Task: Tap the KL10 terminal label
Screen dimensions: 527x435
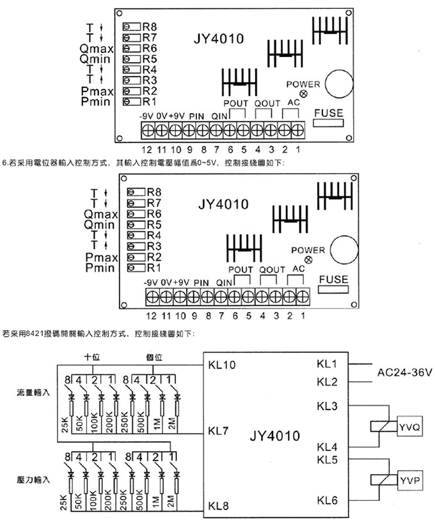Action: (x=222, y=365)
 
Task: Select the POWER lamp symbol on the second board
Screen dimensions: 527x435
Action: (x=308, y=260)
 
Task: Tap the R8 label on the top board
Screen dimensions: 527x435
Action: (x=150, y=27)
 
